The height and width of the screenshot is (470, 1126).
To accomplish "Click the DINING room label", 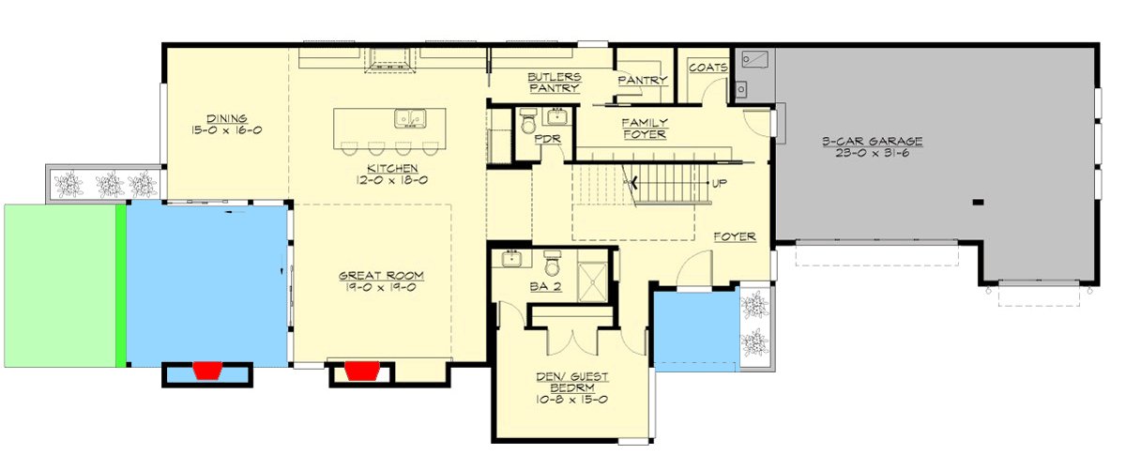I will (x=227, y=119).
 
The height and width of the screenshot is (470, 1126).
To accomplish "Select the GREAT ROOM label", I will (x=381, y=276).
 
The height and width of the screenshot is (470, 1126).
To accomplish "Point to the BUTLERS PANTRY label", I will (x=554, y=82).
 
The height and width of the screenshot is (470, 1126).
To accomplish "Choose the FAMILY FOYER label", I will (x=644, y=129).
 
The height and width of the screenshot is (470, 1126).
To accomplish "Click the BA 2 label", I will (x=545, y=287).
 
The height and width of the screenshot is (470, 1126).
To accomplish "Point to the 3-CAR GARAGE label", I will (x=873, y=142).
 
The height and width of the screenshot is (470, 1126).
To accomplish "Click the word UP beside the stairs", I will (x=719, y=184).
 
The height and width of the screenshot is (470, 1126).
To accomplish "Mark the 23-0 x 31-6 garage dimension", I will (x=873, y=154).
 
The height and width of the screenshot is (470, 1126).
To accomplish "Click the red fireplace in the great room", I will (x=361, y=372).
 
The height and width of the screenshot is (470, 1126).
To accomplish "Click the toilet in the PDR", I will (x=526, y=122).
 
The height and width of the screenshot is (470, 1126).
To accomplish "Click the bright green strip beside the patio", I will (x=120, y=285).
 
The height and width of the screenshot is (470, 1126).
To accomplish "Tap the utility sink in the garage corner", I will (x=755, y=59).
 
